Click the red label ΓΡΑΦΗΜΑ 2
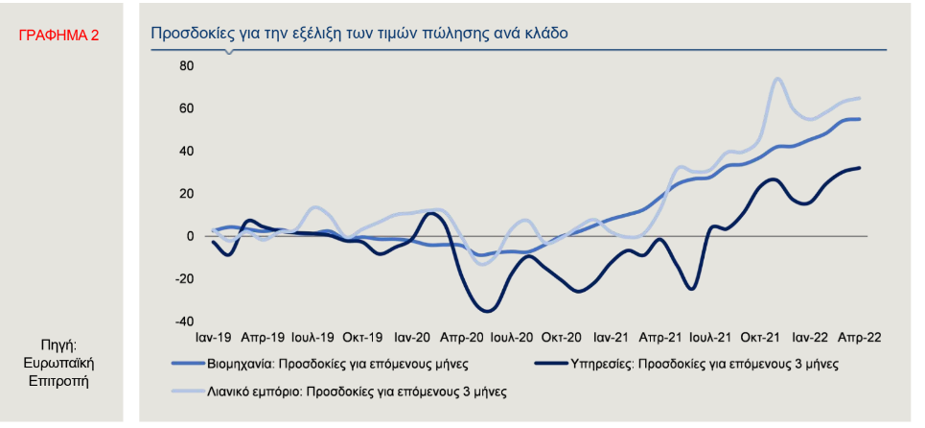(58, 36)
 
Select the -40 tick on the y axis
(183, 321)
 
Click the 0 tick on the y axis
(190, 236)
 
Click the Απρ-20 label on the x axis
(463, 338)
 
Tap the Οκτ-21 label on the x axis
(758, 338)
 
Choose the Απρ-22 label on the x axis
(860, 338)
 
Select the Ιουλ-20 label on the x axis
(512, 338)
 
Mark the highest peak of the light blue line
(777, 79)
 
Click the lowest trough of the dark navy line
(487, 310)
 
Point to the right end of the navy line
(860, 168)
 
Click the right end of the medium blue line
(860, 119)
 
